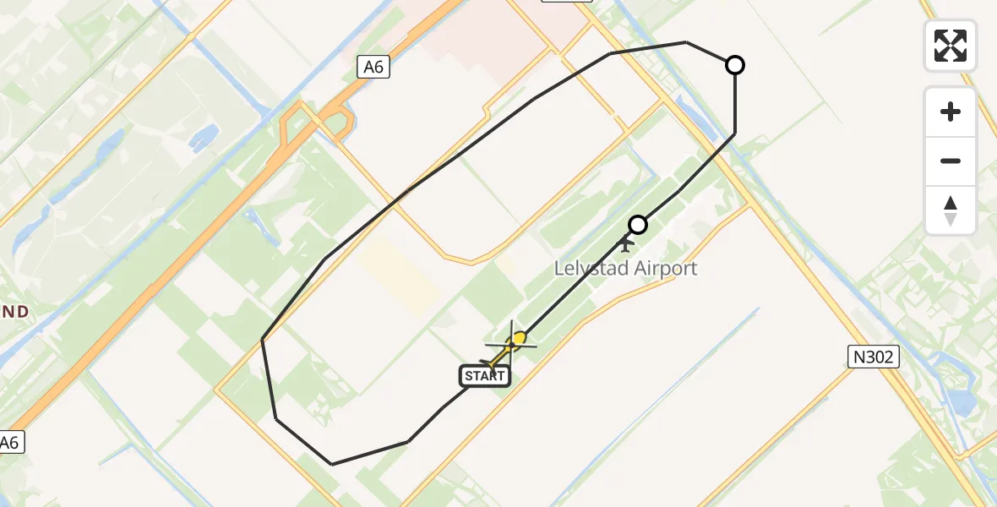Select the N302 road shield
pos(873,357)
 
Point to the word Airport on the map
pos(664,269)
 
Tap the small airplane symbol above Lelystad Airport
pos(625,244)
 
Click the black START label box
pos(485,376)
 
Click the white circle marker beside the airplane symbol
pos(638,225)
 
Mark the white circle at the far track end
pos(735,65)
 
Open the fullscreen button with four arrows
pos(951,46)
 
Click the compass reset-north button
pos(951,210)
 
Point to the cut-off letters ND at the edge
pos(14,312)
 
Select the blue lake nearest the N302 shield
pos(962,401)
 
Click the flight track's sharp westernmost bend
pos(263,340)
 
